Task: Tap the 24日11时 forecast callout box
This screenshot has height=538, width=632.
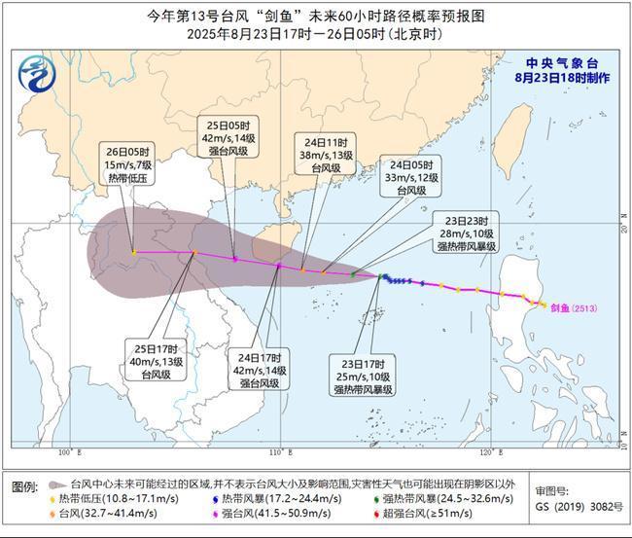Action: coord(322,154)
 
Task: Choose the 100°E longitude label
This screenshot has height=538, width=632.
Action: coord(67,452)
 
